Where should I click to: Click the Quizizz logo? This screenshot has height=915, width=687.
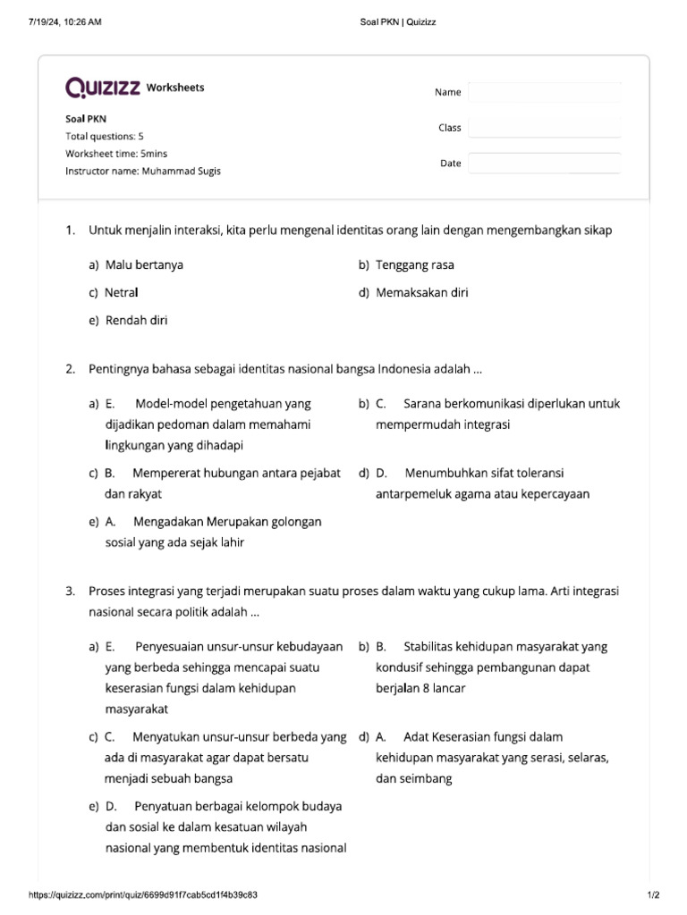pos(103,88)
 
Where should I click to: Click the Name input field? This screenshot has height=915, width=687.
pos(544,92)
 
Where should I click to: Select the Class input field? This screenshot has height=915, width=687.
pos(544,128)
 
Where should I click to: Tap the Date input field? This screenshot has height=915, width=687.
pos(544,164)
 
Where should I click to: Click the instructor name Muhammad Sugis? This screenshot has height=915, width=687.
pos(180,171)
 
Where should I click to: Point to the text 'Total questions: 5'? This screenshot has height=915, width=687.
pos(105,136)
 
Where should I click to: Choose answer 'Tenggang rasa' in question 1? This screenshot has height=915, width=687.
pos(415,265)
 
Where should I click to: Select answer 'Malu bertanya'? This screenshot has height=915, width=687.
pos(144,265)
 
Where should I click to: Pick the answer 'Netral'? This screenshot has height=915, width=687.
pos(122,292)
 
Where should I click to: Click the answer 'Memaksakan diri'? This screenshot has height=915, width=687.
pos(422,292)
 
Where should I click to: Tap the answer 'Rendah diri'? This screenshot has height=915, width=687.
pos(136,320)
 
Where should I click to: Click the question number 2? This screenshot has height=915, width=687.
pos(70,369)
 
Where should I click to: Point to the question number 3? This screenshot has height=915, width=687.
pos(70,592)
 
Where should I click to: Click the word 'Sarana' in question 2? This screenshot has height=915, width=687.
pos(424,404)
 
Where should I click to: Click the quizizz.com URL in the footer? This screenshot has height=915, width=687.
pos(144,894)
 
